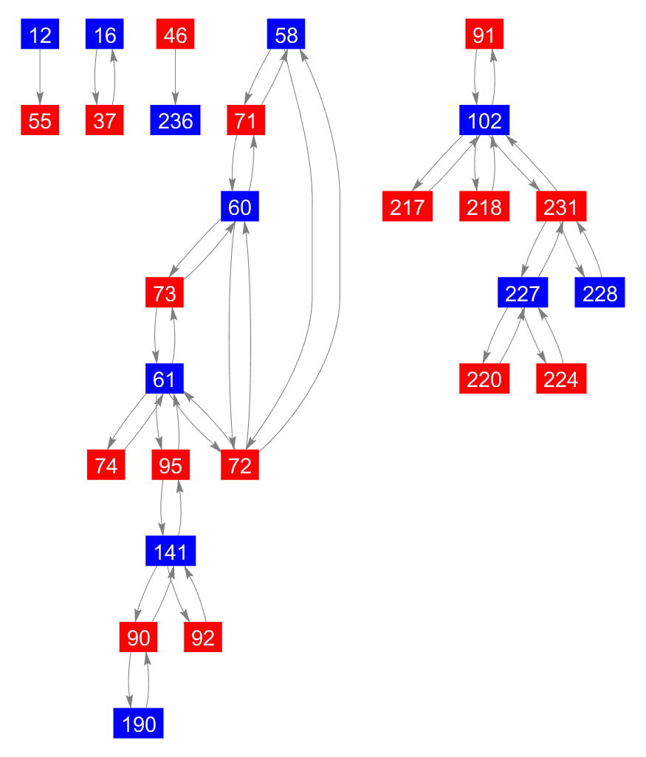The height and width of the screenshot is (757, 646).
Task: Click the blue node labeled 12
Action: click(40, 35)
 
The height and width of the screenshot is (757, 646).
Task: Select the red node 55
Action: click(40, 120)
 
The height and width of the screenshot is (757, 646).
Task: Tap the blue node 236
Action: click(175, 120)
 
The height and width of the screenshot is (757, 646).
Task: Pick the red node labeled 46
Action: click(175, 35)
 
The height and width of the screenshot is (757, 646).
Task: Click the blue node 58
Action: click(286, 35)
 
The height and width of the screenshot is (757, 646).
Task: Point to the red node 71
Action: click(245, 120)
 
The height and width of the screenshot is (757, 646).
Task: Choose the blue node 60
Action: click(239, 207)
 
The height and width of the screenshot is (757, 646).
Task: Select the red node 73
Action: click(165, 293)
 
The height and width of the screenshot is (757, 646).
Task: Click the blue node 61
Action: click(164, 380)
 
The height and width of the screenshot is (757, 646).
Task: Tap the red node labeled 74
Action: click(106, 466)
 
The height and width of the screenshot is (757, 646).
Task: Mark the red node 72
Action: click(239, 466)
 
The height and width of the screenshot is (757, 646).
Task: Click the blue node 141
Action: click(171, 552)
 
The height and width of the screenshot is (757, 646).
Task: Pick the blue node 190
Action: click(138, 724)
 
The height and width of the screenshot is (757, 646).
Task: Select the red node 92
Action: click(202, 637)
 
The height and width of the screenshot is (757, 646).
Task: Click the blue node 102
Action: click(484, 120)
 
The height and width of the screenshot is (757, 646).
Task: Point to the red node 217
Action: click(407, 207)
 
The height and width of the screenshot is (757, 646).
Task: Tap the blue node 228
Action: click(599, 293)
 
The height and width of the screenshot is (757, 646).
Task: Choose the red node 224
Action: click(561, 380)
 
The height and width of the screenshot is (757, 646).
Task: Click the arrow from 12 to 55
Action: click(40, 78)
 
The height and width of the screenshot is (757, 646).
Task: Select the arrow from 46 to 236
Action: click(175, 78)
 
